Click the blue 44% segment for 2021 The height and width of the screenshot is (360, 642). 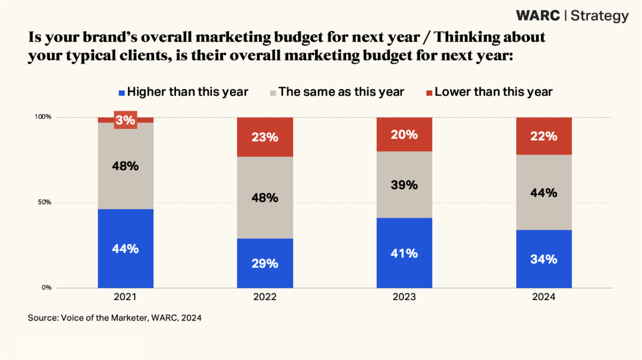126,248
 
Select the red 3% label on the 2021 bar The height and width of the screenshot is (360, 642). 126,120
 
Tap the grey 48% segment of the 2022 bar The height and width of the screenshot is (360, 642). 265,197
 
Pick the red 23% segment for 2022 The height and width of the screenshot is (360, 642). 265,137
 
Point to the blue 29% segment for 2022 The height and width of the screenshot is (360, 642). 265,263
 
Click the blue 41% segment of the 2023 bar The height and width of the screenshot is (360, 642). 404,253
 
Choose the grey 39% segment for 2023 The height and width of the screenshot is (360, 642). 404,185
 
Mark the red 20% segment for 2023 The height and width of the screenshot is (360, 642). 404,134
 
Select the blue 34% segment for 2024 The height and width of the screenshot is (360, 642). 544,259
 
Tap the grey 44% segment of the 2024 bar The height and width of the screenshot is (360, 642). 544,193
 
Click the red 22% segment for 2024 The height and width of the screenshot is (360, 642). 544,136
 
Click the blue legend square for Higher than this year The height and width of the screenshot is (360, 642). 122,93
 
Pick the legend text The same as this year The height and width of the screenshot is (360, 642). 341,92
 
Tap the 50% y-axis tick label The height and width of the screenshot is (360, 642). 46,202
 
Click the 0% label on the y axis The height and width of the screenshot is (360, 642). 47,288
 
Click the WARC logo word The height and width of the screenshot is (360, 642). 538,16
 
